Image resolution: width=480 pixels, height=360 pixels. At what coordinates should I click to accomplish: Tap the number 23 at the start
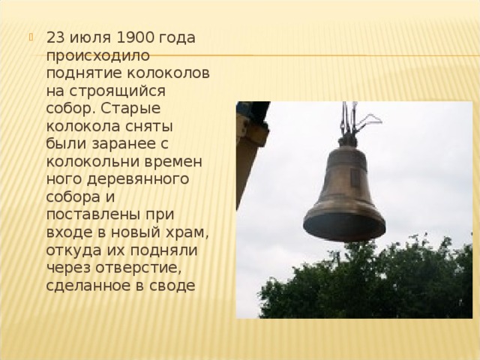point(55,37)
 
